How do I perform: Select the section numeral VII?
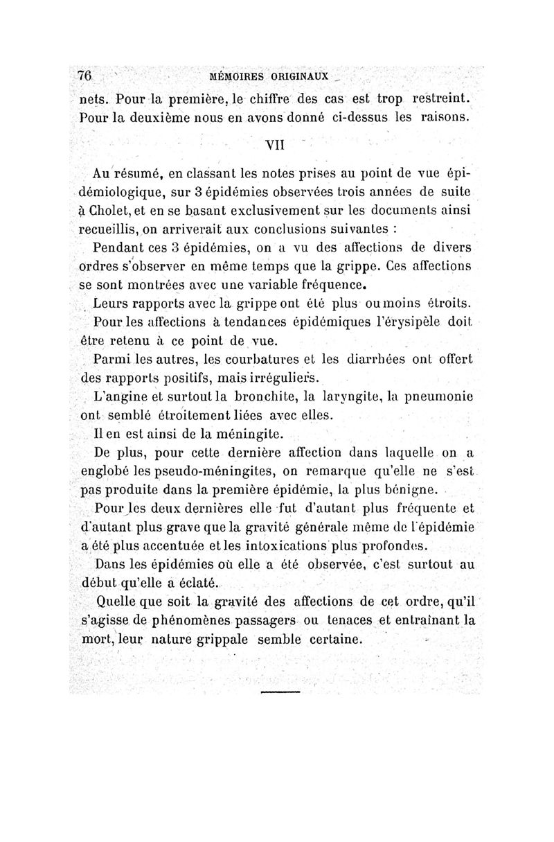click(x=276, y=145)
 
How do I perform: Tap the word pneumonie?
click(x=434, y=397)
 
